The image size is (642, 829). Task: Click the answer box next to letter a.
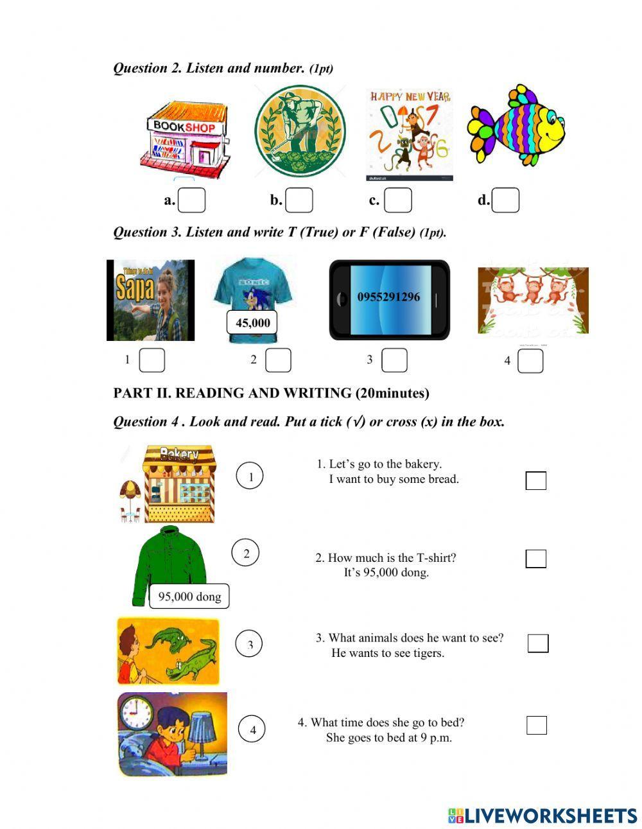tap(191, 200)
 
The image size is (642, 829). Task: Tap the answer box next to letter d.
tap(505, 200)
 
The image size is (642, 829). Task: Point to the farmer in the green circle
tap(300, 132)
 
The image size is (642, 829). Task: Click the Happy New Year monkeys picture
tap(410, 135)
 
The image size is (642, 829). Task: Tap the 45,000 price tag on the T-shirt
tap(252, 322)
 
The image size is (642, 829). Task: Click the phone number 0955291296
tap(388, 297)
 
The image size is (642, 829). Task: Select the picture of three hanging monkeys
tap(532, 301)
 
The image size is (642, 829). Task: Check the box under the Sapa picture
tap(152, 360)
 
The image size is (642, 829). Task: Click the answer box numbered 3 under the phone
tap(394, 360)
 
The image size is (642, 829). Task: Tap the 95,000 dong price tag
tap(189, 597)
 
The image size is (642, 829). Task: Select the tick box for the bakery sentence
tap(536, 480)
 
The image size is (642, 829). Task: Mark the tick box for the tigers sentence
tap(538, 643)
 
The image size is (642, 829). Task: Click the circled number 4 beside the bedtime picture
tap(252, 729)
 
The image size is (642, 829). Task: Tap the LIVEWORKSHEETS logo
tap(542, 816)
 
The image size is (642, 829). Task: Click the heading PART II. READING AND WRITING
tap(271, 393)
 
